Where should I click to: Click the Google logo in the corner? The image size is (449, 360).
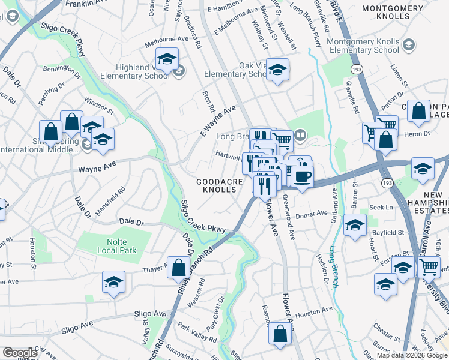coord(19,353)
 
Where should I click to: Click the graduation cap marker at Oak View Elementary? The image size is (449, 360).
coord(277,70)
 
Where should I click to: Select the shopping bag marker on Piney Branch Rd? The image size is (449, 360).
coord(179,268)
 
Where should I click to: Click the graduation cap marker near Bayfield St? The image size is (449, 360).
coord(355,226)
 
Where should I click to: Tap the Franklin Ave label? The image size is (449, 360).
coord(86,4)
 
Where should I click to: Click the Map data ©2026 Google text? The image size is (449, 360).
coord(411,355)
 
